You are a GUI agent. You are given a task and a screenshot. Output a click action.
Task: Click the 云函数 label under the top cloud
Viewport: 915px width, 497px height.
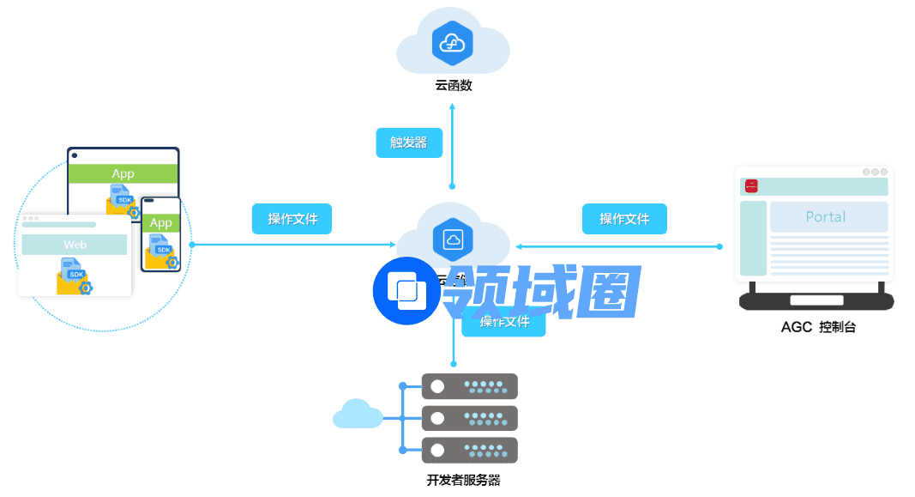click(x=453, y=86)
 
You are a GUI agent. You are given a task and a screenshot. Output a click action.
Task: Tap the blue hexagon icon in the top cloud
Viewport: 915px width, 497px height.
click(x=453, y=42)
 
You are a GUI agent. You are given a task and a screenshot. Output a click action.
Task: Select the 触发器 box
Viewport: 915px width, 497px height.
click(x=409, y=142)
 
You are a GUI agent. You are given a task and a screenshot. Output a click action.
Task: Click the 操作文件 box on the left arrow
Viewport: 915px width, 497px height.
click(x=292, y=219)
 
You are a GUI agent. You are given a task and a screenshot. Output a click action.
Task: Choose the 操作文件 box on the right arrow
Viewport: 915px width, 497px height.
click(x=624, y=219)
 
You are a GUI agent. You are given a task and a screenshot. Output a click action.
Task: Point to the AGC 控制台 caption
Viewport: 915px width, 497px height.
click(x=817, y=327)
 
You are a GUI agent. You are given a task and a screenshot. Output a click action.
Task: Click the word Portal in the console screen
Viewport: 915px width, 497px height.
click(x=826, y=217)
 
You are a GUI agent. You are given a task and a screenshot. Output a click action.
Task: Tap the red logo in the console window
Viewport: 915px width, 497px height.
click(x=751, y=185)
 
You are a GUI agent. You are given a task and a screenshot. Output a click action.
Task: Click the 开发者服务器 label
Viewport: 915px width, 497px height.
click(x=463, y=480)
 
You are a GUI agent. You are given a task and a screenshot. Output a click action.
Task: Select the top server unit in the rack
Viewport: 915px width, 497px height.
click(x=469, y=386)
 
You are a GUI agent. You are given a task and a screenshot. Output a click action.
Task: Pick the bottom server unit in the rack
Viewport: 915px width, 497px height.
click(x=469, y=450)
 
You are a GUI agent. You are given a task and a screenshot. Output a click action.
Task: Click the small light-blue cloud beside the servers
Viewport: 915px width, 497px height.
click(x=357, y=414)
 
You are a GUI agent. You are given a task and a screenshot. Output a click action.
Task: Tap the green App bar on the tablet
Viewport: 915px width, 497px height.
click(x=123, y=173)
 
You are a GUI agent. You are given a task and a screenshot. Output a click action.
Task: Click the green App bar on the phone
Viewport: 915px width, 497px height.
click(x=161, y=222)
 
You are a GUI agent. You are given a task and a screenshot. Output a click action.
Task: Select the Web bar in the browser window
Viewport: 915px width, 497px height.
click(x=75, y=245)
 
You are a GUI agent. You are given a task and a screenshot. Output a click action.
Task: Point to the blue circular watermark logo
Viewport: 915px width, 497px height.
click(x=406, y=290)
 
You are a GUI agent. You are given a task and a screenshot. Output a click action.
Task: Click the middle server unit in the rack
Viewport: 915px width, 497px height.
click(x=469, y=418)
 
